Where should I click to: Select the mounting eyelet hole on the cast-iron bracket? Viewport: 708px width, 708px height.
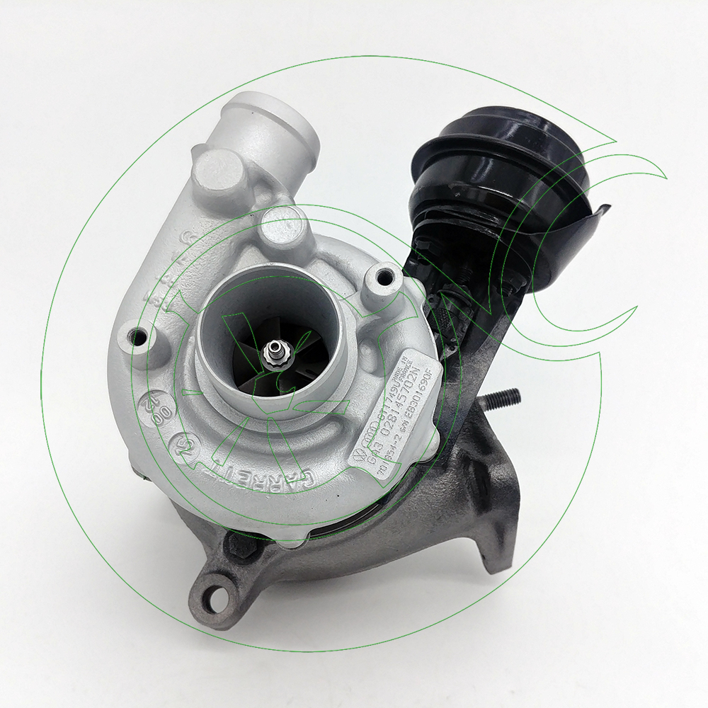[210, 587]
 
